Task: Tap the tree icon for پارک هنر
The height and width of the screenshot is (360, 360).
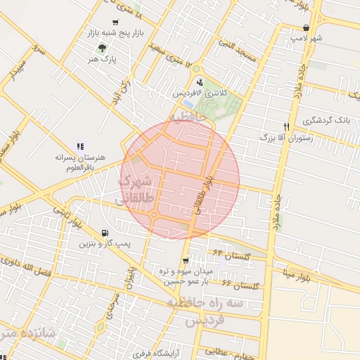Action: pos(103,49)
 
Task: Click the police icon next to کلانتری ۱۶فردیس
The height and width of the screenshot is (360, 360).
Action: pos(200,82)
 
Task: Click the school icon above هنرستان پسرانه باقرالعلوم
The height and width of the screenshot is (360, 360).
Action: pos(79,146)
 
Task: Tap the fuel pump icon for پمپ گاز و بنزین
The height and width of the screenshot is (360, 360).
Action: pos(105,233)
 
